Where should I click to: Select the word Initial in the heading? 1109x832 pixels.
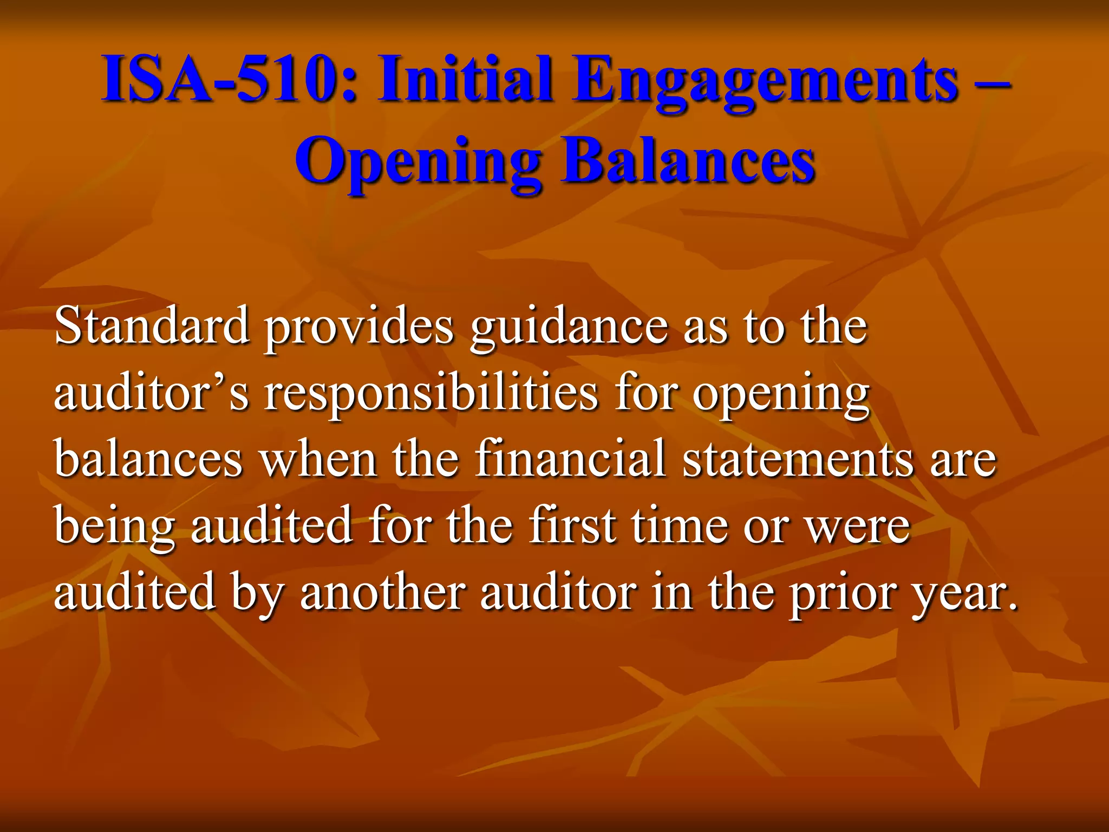(x=466, y=80)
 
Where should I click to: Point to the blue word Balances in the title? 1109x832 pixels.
(x=688, y=161)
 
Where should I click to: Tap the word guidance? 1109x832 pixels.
(x=569, y=327)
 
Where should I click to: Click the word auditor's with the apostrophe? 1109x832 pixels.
(x=152, y=392)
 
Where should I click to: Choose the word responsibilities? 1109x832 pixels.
(x=431, y=393)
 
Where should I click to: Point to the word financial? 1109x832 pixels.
(x=570, y=459)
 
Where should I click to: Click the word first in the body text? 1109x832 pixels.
(x=572, y=525)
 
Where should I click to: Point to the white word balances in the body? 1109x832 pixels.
(x=148, y=459)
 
